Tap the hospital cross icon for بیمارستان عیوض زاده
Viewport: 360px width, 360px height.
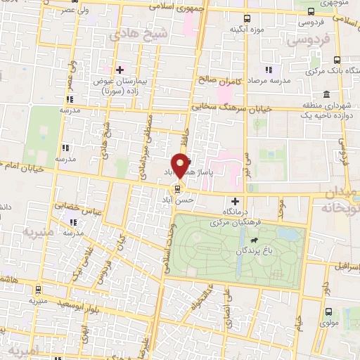coord(120,69)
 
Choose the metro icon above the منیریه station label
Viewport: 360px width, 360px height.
coord(38,290)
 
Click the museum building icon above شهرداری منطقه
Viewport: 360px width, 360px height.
coord(327,94)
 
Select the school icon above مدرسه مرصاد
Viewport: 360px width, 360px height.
coord(268,70)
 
